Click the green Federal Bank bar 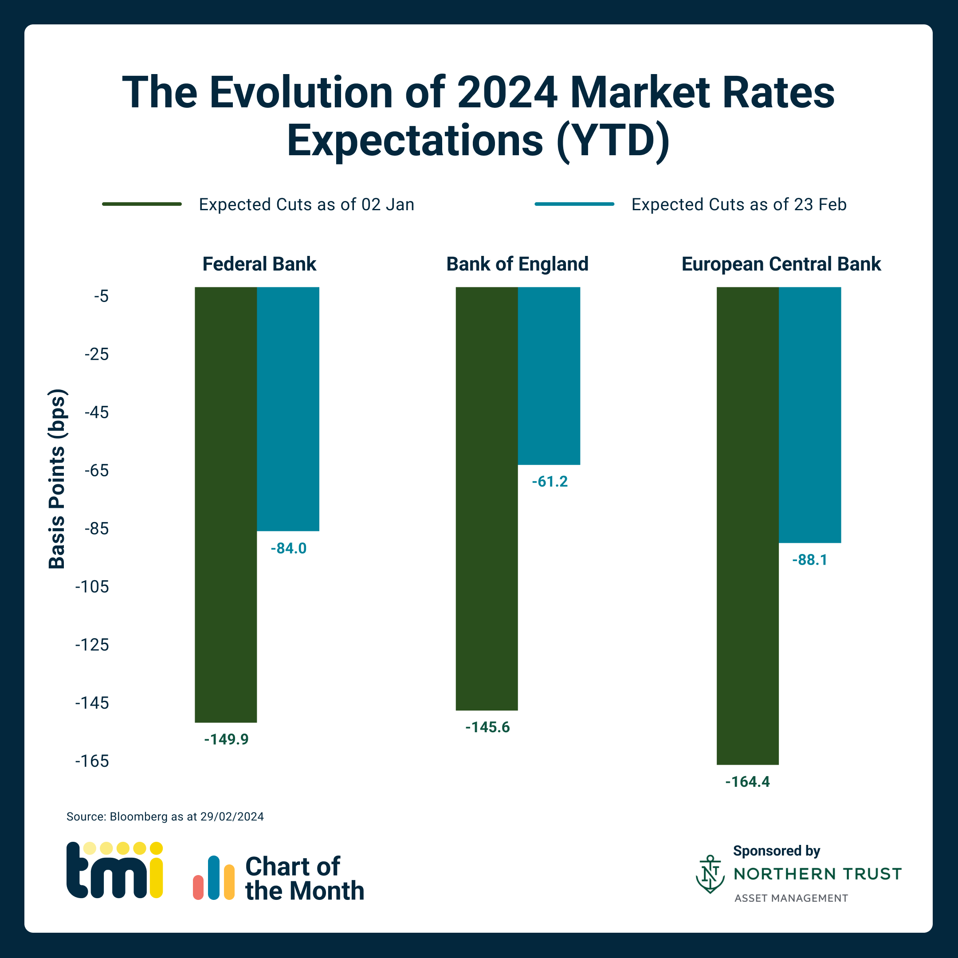coord(226,504)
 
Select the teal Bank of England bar coord(549,375)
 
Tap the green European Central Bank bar coord(747,526)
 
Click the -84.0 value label coord(289,549)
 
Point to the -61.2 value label coord(550,482)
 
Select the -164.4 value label coord(747,782)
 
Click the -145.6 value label coord(487,727)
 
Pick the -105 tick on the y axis coord(92,587)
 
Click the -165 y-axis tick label coord(92,761)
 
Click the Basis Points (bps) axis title coord(57,479)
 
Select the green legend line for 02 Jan coord(142,204)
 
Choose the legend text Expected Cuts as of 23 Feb coord(738,204)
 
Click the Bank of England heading coord(517,264)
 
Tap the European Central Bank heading coord(781,264)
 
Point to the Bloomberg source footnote coord(165,817)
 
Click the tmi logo coord(114,870)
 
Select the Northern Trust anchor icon coord(710,874)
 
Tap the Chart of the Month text coord(304,878)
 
